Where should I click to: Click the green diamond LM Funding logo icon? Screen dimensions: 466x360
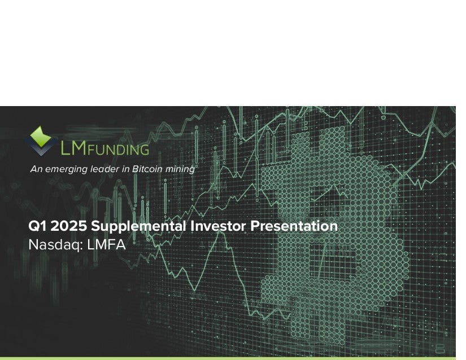(x=41, y=141)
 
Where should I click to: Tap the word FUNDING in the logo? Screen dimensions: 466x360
(x=118, y=150)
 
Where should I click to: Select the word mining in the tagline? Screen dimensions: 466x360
(x=180, y=169)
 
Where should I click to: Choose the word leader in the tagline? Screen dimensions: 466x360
(x=106, y=169)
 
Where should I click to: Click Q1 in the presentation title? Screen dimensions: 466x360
(x=37, y=226)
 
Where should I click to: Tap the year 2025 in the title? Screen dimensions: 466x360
(x=69, y=226)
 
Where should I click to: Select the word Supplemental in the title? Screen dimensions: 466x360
(x=139, y=226)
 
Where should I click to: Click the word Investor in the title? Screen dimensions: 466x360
(x=219, y=226)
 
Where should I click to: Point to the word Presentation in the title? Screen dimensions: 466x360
(x=294, y=226)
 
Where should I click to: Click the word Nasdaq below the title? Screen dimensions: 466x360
(x=54, y=245)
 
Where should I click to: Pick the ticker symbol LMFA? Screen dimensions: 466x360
(x=107, y=244)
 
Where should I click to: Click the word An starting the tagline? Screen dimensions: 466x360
(x=37, y=169)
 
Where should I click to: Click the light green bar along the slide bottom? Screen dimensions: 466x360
(x=228, y=358)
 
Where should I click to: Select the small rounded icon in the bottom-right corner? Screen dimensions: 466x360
(x=440, y=349)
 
